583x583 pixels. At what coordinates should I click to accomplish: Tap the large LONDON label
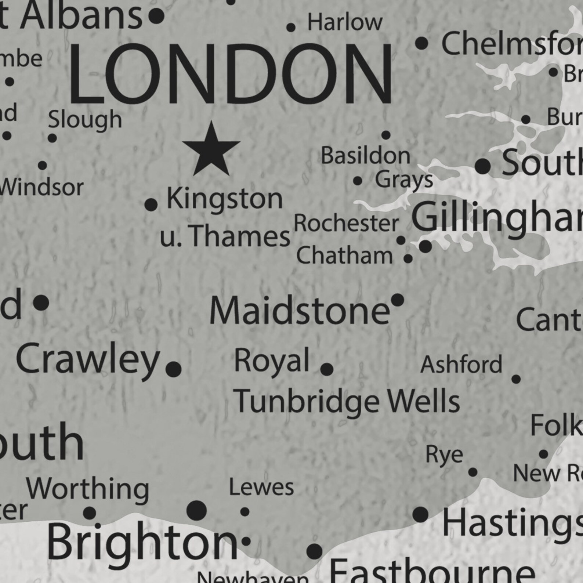pyautogui.click(x=230, y=75)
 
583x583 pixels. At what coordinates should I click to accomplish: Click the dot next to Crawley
pyautogui.click(x=174, y=369)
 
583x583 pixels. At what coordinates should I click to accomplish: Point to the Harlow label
pyautogui.click(x=345, y=22)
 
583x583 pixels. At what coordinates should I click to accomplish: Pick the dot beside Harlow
pyautogui.click(x=291, y=27)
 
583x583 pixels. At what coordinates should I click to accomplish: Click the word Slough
pyautogui.click(x=85, y=120)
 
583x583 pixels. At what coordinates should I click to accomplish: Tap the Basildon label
pyautogui.click(x=365, y=155)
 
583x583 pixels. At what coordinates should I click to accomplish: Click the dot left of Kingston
pyautogui.click(x=151, y=204)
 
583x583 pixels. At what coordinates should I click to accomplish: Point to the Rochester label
pyautogui.click(x=346, y=223)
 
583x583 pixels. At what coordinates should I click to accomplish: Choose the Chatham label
pyautogui.click(x=344, y=256)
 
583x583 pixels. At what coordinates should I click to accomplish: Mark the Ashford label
pyautogui.click(x=461, y=365)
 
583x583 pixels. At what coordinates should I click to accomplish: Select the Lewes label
pyautogui.click(x=261, y=488)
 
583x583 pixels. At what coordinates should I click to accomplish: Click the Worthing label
pyautogui.click(x=87, y=489)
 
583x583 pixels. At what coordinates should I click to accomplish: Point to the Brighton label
pyautogui.click(x=142, y=542)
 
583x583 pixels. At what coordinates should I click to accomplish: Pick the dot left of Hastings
pyautogui.click(x=420, y=514)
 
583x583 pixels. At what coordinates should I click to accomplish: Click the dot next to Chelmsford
pyautogui.click(x=422, y=44)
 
